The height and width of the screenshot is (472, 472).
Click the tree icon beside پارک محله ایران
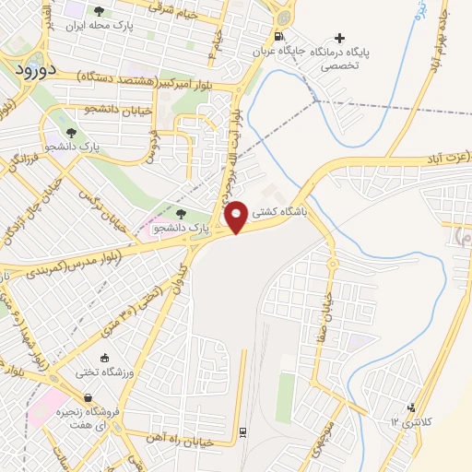tap(99, 11)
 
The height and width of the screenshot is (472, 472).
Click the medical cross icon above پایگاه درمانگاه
tap(340, 38)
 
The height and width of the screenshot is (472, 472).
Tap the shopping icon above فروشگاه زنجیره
tap(87, 397)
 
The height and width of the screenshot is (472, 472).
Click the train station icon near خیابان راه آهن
tap(242, 431)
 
